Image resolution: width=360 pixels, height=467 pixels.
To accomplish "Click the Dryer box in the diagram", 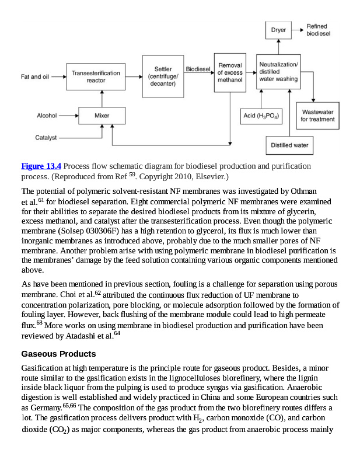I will [x=278, y=30].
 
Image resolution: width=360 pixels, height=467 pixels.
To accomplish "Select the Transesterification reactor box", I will [x=96, y=76].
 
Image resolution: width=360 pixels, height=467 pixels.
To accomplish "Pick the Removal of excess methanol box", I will [x=230, y=72].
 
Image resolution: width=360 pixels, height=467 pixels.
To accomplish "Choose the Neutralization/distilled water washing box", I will [x=278, y=71].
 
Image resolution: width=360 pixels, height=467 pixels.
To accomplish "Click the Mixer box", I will [x=102, y=116].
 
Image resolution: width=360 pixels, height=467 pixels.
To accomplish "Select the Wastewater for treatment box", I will [x=317, y=116].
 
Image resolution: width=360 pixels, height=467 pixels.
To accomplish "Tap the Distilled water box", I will [x=290, y=145].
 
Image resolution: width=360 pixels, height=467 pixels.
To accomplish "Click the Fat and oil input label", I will [x=35, y=76].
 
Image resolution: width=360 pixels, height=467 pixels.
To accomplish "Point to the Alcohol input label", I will [x=47, y=116].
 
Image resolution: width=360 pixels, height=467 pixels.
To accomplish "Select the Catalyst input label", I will [x=46, y=138].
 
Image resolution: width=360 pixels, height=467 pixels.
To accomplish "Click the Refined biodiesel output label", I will [x=318, y=30].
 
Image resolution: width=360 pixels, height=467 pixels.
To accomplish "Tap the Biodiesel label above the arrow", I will [x=198, y=69].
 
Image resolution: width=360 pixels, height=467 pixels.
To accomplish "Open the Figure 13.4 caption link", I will [x=41, y=166].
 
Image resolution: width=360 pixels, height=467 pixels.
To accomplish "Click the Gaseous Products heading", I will [x=58, y=354].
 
